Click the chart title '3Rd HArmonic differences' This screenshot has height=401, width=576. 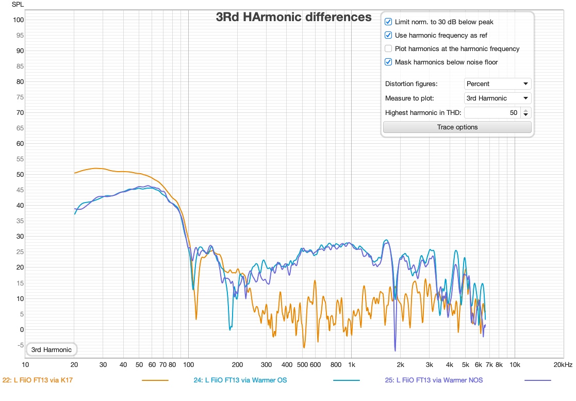click(293, 17)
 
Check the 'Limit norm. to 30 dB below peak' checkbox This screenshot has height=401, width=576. click(388, 22)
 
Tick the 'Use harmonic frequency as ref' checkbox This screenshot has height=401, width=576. click(388, 36)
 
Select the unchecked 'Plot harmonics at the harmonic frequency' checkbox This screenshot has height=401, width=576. click(388, 49)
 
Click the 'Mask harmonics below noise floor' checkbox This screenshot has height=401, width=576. click(388, 62)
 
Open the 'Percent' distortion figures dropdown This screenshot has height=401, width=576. click(498, 84)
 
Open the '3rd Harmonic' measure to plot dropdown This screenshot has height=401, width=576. click(498, 98)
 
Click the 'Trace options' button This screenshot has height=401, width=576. click(457, 127)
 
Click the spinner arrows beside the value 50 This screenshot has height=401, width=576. click(525, 113)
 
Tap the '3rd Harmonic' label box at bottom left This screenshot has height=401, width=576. click(51, 350)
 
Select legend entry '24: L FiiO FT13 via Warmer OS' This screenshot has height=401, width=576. click(240, 380)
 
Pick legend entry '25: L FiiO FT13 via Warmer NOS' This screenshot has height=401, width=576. click(434, 380)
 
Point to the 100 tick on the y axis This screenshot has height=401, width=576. click(19, 20)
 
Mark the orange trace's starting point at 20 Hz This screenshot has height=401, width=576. click(74, 173)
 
